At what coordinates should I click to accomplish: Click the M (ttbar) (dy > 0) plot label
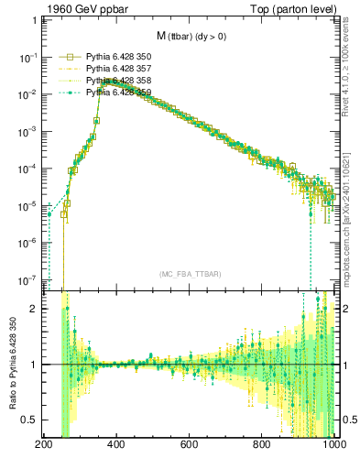(x=191, y=37)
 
